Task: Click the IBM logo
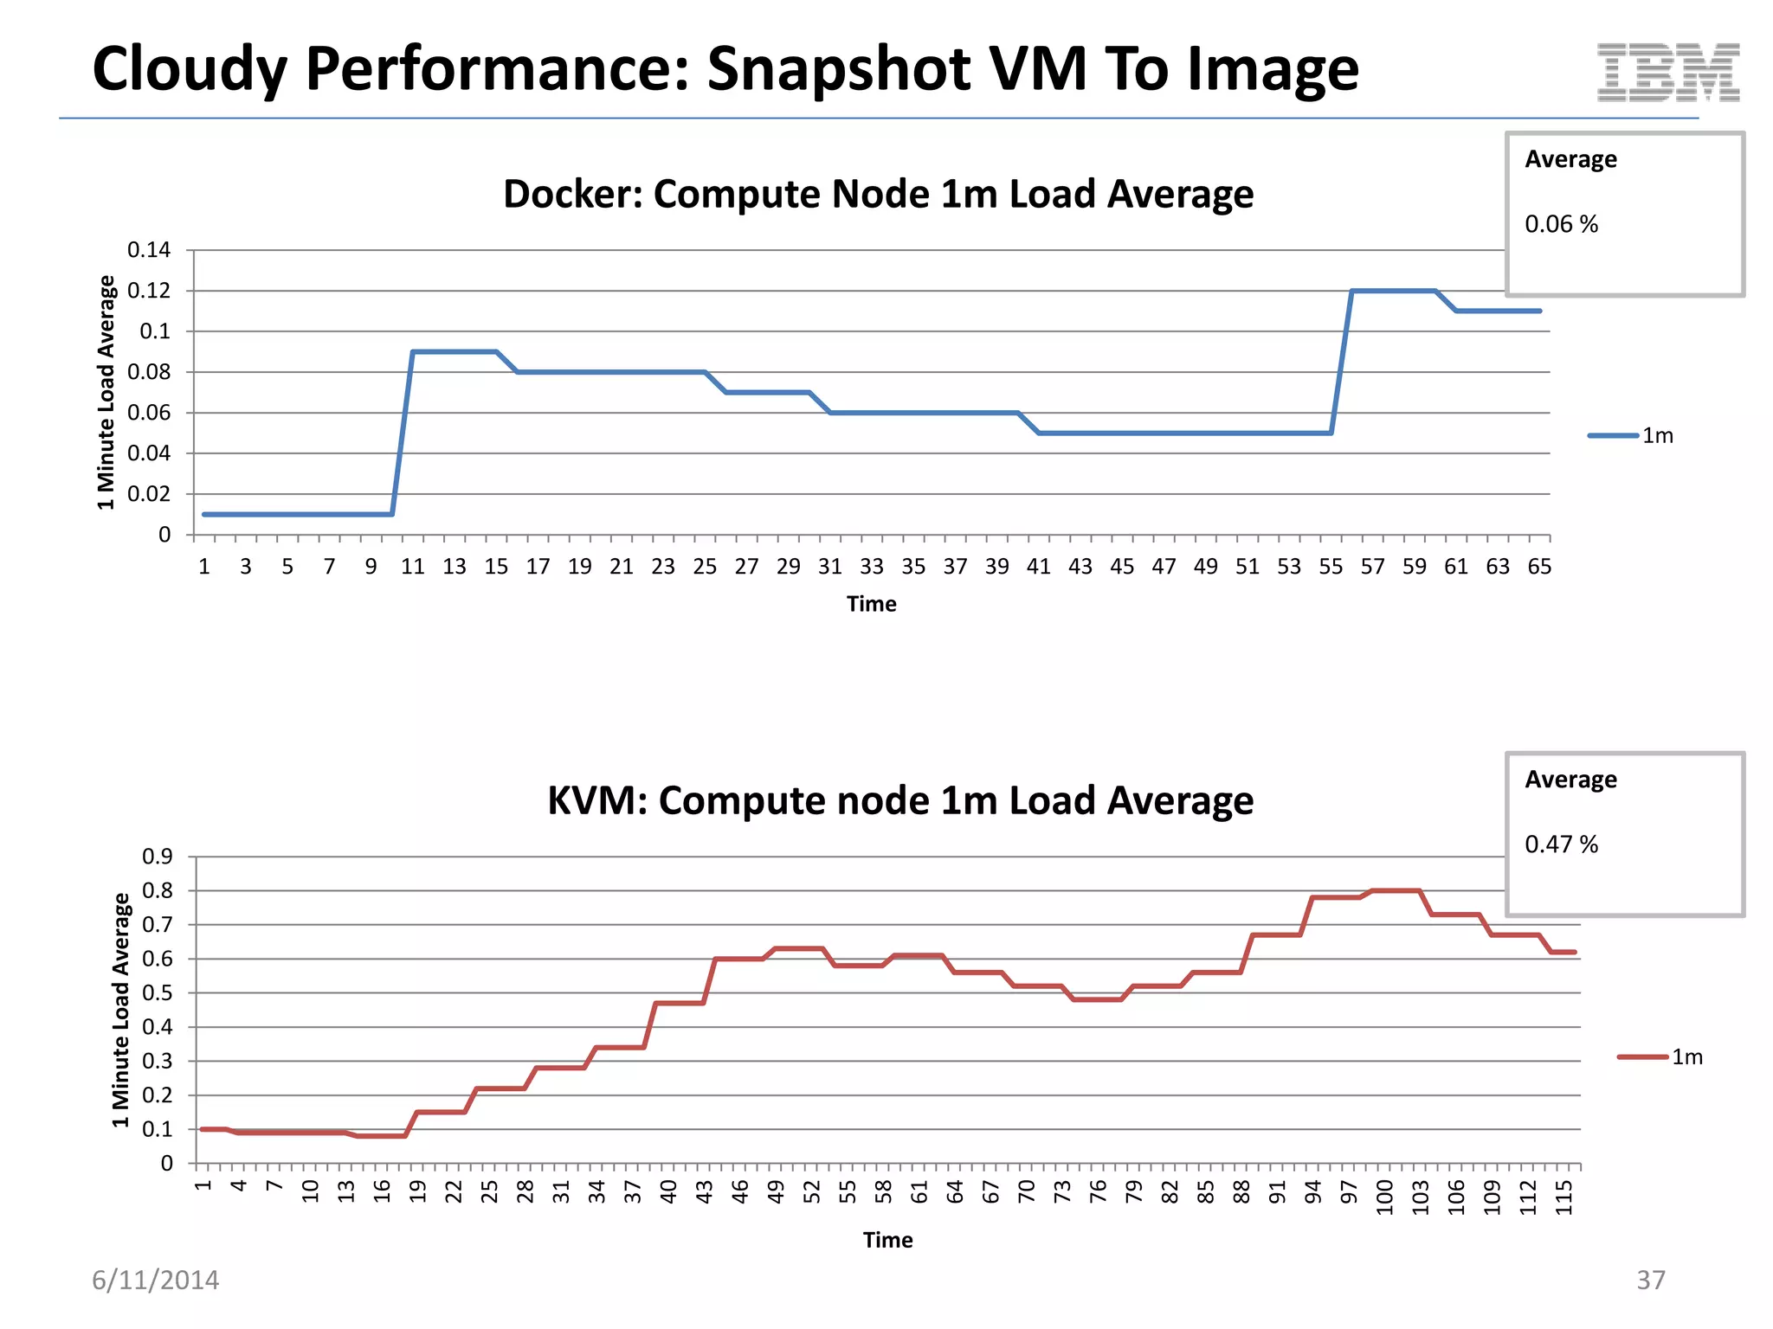point(1667,72)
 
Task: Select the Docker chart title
point(878,194)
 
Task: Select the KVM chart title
point(899,800)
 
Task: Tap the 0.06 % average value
point(1561,224)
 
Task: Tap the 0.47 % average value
point(1561,844)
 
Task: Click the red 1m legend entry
point(1660,1056)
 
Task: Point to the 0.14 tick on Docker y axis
point(149,250)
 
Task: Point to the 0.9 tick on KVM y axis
point(158,857)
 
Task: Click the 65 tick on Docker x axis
point(1539,567)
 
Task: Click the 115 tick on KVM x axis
point(1563,1197)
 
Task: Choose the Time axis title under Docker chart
point(871,604)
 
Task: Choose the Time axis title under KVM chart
point(887,1240)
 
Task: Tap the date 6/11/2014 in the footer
point(156,1280)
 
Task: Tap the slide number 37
point(1650,1280)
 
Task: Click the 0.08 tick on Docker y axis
point(149,372)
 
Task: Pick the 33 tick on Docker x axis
point(871,567)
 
